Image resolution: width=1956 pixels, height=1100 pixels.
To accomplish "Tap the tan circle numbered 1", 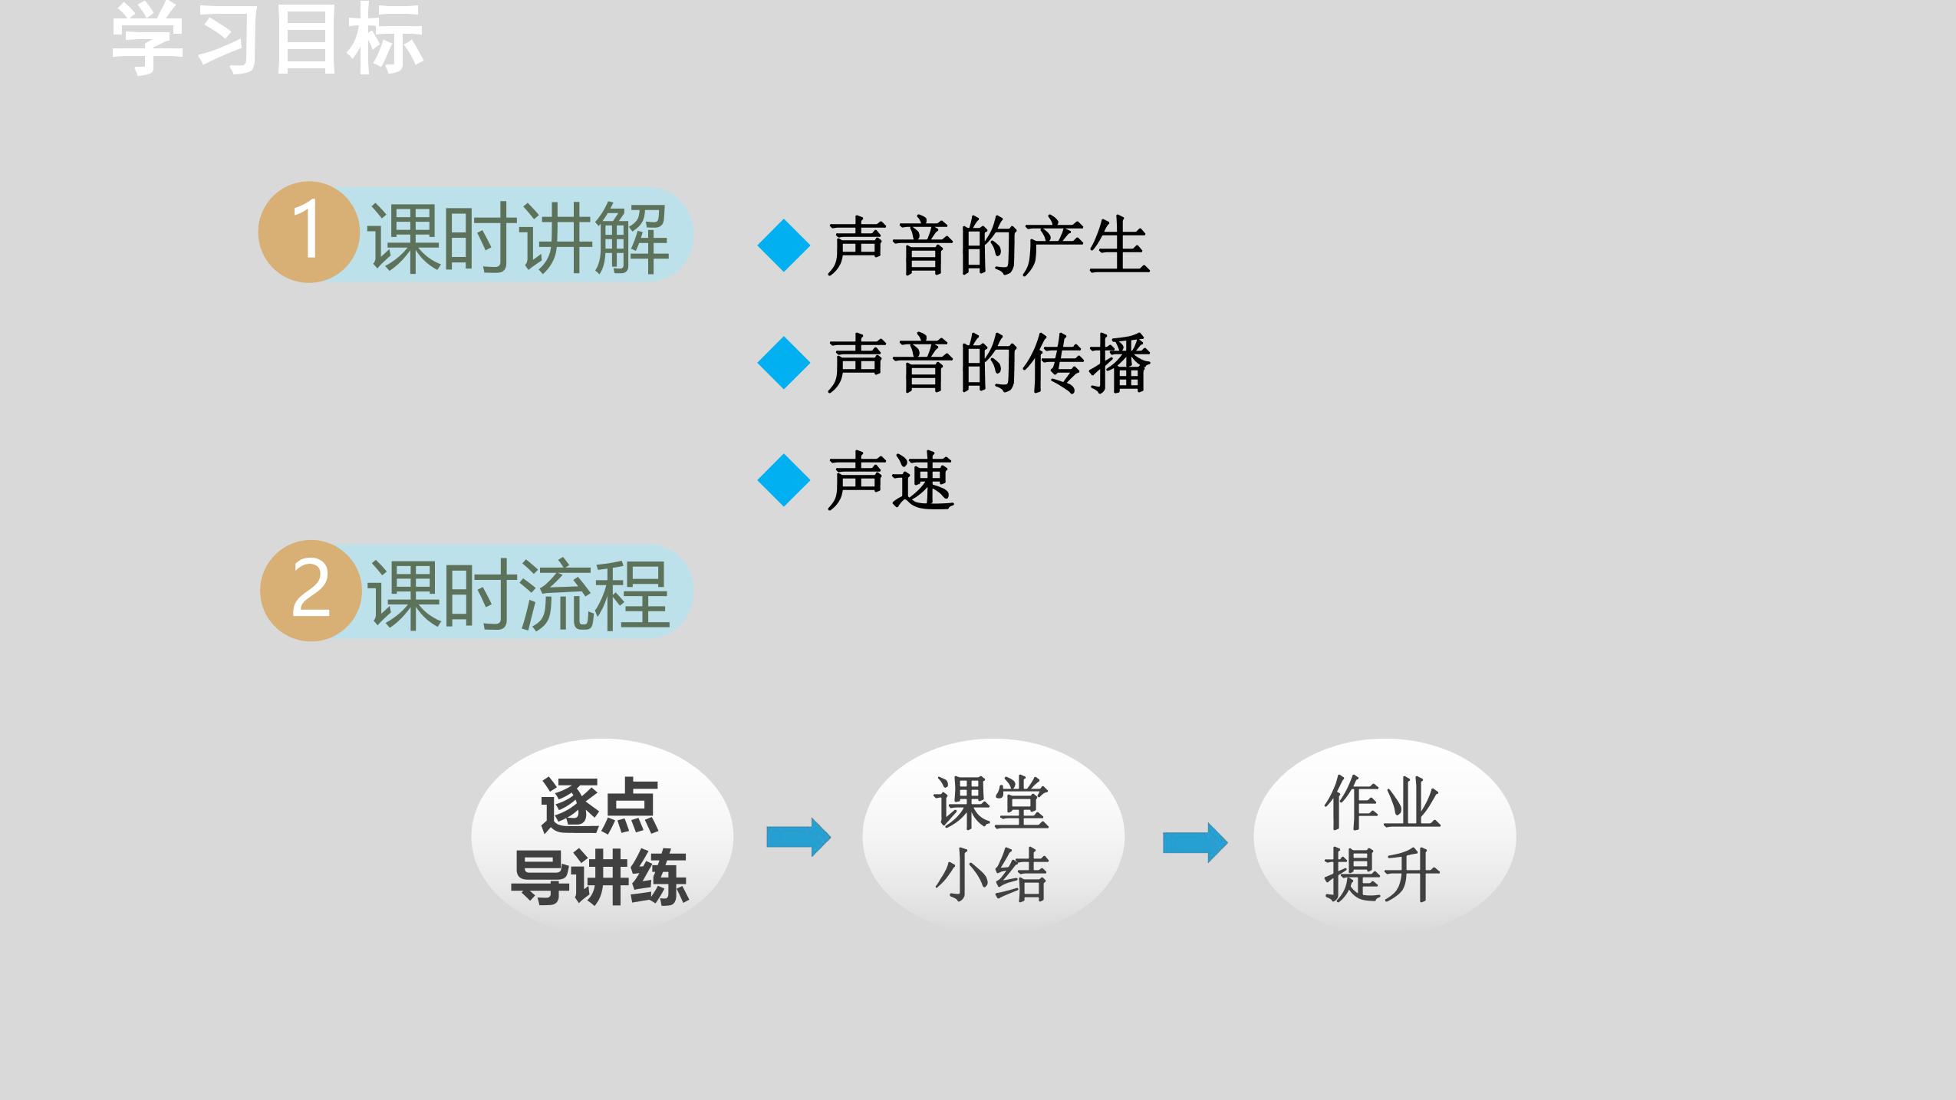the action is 308,232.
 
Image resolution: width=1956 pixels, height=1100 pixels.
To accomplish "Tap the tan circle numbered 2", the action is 311,591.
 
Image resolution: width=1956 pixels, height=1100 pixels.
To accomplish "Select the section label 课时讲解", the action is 519,237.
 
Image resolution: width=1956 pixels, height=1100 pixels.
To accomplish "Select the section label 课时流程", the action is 519,595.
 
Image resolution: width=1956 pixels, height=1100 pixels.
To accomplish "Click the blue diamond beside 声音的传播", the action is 783,362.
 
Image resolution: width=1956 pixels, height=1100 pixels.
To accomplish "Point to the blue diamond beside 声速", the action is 783,480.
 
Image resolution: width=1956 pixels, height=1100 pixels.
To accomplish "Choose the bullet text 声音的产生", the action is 989,246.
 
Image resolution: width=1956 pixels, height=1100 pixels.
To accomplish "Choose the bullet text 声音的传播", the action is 989,364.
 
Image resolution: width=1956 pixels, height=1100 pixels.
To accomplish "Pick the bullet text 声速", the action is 891,481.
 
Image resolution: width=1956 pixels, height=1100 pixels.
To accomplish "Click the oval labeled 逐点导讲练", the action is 602,836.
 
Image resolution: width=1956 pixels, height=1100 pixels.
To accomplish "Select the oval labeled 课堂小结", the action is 993,836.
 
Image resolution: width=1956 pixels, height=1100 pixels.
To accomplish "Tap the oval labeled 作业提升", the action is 1385,836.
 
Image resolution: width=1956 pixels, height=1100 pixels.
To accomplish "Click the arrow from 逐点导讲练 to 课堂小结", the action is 799,837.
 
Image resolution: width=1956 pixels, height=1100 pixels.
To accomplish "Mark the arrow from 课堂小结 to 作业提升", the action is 1195,842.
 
